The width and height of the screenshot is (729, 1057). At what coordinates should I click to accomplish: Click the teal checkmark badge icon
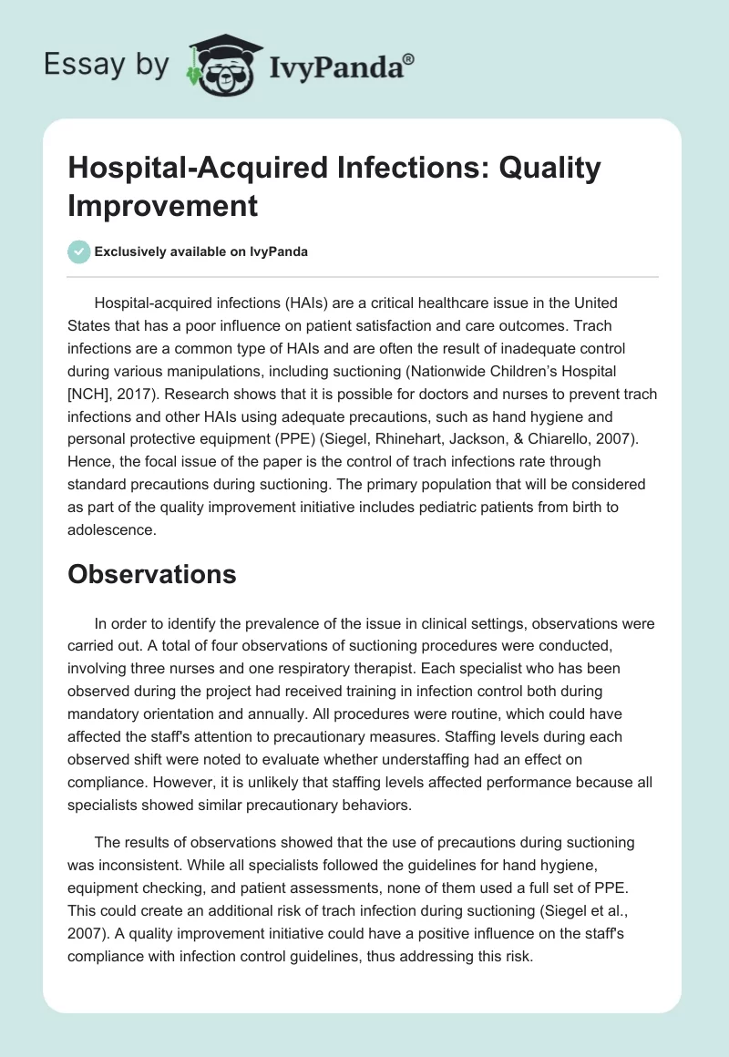click(x=78, y=251)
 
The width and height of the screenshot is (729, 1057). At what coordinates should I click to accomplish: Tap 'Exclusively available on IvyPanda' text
click(x=202, y=251)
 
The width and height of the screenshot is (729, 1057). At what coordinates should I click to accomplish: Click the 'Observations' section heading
click(x=153, y=574)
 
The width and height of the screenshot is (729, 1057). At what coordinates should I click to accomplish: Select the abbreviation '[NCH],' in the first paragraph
click(x=96, y=394)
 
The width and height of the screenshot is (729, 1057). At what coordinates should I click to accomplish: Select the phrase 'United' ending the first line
click(x=594, y=303)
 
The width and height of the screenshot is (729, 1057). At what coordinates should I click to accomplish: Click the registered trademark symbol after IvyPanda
click(x=408, y=57)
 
